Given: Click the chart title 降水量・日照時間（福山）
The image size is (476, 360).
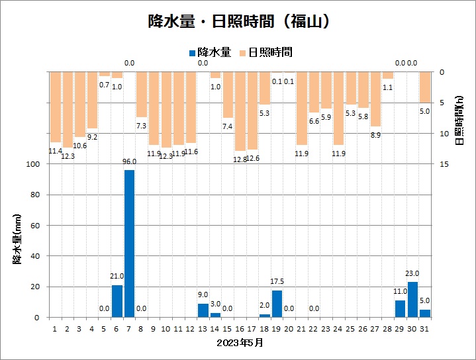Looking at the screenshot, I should pyautogui.click(x=238, y=21).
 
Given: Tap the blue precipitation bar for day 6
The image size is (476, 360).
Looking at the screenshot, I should pyautogui.click(x=117, y=301).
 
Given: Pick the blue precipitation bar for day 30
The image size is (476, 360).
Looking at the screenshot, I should pyautogui.click(x=413, y=300).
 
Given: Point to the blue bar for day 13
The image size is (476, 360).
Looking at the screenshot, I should pyautogui.click(x=203, y=310).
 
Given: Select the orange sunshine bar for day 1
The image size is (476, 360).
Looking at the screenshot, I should pyautogui.click(x=55, y=107).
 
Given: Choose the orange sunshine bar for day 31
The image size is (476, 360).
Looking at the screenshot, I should pyautogui.click(x=425, y=87).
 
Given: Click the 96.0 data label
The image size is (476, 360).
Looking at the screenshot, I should pyautogui.click(x=129, y=161).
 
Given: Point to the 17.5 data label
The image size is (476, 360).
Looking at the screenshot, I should pyautogui.click(x=277, y=282).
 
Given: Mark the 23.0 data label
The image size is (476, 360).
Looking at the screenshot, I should pyautogui.click(x=413, y=273).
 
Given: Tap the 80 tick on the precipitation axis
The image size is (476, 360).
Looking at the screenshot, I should pyautogui.click(x=37, y=195).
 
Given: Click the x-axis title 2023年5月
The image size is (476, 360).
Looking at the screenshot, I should pyautogui.click(x=239, y=343).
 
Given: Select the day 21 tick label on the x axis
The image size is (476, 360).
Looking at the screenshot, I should pyautogui.click(x=301, y=328).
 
